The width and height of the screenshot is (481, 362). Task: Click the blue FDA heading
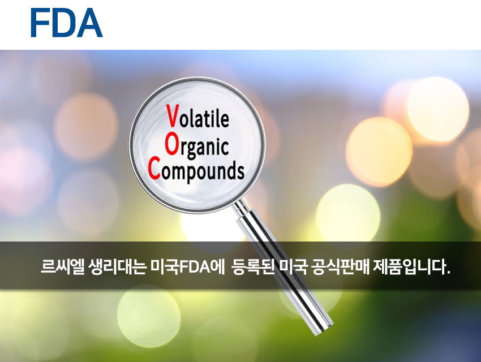pos(67,23)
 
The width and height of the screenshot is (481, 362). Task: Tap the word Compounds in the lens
pos(196,171)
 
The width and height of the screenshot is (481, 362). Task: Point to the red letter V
pos(173,116)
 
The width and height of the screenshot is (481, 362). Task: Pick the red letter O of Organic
pos(171,144)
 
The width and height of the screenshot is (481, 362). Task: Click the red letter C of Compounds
pos(154,168)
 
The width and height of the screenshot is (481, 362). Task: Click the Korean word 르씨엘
pos(63,266)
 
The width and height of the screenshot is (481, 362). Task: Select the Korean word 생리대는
pos(117,266)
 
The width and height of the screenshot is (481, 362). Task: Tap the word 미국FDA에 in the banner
pos(188,266)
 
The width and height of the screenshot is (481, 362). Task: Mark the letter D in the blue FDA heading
pos(65,23)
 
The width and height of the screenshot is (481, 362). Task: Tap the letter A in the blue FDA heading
pos(89,23)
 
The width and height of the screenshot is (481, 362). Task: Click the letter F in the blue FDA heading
pos(40,23)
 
